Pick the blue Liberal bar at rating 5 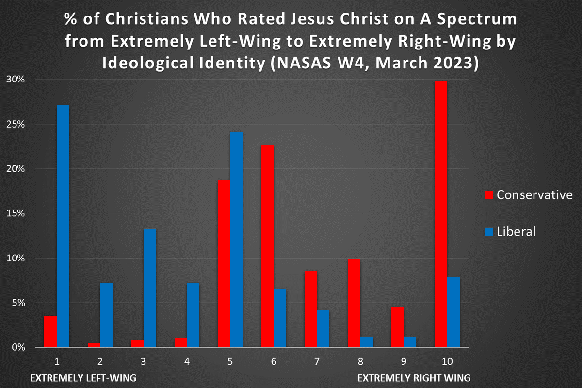point(236,240)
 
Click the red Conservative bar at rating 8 point(354,303)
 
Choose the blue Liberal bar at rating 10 point(453,312)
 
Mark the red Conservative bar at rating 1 point(50,332)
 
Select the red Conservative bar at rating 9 point(398,327)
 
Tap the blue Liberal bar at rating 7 point(323,328)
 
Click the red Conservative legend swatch point(488,195)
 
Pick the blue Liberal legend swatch point(488,232)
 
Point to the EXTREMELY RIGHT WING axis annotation point(414,378)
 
